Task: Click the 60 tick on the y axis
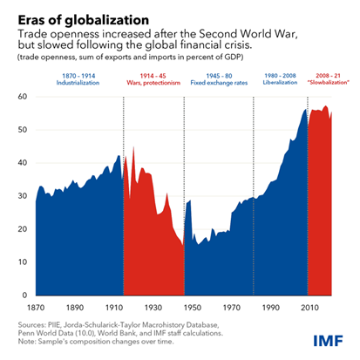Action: point(23,97)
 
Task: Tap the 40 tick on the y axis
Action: point(23,163)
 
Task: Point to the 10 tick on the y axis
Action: point(23,262)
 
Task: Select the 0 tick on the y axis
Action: point(25,295)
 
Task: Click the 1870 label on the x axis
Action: point(37,309)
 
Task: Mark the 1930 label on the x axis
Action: point(154,309)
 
